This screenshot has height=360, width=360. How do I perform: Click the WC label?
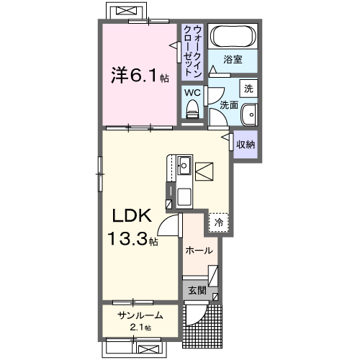click(193, 93)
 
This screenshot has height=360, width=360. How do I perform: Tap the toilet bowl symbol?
click(192, 109)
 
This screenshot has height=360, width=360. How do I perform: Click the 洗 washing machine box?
click(248, 89)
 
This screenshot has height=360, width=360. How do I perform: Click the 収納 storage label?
click(246, 143)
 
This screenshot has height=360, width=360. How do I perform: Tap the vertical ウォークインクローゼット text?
click(192, 50)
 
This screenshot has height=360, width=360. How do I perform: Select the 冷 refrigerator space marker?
click(218, 222)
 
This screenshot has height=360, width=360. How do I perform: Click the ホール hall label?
click(199, 251)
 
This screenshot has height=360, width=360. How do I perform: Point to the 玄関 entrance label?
click(197, 291)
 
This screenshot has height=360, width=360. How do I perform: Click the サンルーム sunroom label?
click(140, 315)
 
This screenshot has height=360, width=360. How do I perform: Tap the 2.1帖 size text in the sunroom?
click(141, 328)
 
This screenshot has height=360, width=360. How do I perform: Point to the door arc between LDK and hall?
click(170, 227)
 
